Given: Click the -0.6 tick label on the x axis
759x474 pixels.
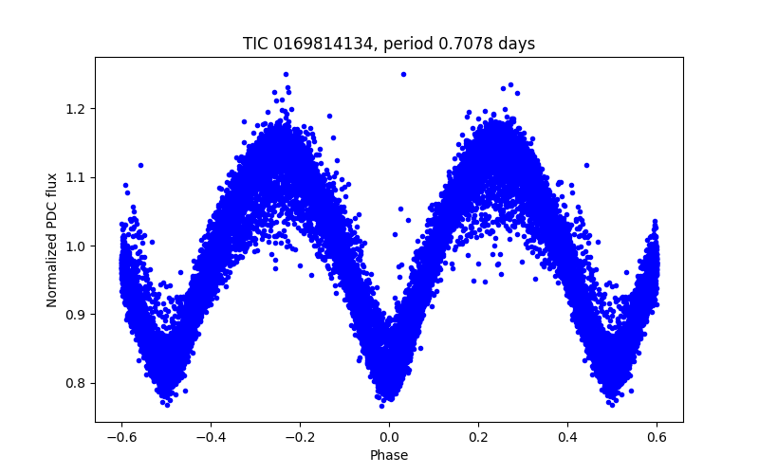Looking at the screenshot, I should (x=121, y=437).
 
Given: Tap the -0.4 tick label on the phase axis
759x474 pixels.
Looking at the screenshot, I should (x=211, y=437).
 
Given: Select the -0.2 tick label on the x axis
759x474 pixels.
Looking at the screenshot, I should (x=300, y=437).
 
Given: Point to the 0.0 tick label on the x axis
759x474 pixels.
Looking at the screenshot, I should (x=389, y=437).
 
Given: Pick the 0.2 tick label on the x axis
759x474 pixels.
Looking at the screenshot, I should (x=478, y=437).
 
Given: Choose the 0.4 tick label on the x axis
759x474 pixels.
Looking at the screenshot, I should (x=567, y=437).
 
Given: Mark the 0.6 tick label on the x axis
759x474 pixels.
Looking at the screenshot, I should (x=657, y=437).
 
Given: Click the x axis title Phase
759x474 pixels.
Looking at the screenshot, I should (x=389, y=455).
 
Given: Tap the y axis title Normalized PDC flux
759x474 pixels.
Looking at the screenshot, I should (x=52, y=239).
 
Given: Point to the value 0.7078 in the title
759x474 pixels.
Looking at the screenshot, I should (x=461, y=44).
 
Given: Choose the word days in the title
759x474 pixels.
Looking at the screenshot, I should (x=515, y=44).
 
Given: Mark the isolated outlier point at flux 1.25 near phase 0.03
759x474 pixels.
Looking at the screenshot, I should (x=403, y=74).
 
